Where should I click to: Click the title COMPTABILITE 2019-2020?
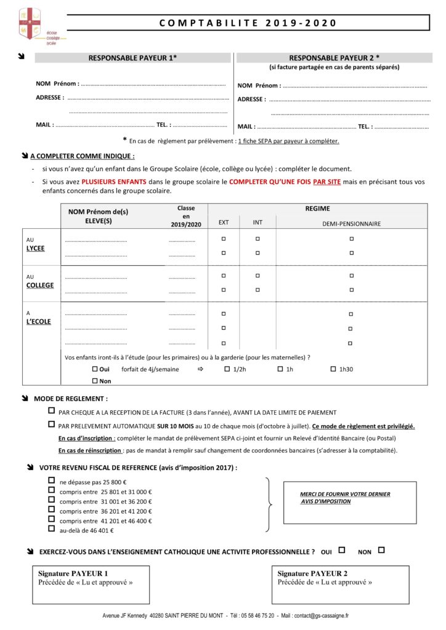point(248,23)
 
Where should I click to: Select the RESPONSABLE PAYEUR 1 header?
point(132,57)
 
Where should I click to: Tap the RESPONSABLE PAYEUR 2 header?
point(334,57)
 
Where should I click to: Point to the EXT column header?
point(224,222)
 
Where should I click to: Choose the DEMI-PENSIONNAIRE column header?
point(351,223)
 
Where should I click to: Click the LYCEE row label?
point(35,248)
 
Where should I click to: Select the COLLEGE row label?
point(39,285)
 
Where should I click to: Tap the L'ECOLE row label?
point(38,321)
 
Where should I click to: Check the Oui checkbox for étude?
point(95,369)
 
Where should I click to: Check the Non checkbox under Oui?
point(95,381)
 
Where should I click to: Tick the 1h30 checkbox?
point(333,369)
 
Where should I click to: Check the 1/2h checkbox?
point(227,369)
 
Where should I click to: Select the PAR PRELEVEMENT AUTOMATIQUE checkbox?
point(51,425)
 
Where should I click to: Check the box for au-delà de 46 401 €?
point(51,529)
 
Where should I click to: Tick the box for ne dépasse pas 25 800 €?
point(51,481)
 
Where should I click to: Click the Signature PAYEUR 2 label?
point(312,573)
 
